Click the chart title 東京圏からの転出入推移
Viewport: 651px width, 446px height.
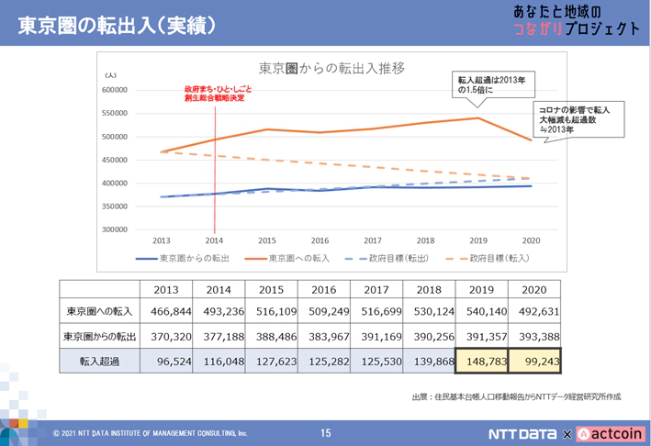click(x=331, y=68)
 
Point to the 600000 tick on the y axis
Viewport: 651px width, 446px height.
click(x=115, y=90)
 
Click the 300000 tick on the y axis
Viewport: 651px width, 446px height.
click(x=115, y=229)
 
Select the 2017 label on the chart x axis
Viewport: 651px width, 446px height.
click(x=372, y=240)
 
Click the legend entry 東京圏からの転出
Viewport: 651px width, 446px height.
click(x=183, y=258)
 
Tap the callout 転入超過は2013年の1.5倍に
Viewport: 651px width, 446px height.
click(x=491, y=85)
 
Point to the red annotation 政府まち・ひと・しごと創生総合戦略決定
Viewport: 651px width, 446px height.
click(x=218, y=94)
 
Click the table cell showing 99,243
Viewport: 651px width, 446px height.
click(x=533, y=362)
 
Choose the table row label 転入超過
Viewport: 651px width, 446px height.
click(x=100, y=362)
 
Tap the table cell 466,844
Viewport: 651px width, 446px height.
click(x=166, y=311)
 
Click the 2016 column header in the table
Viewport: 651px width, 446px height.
click(x=324, y=289)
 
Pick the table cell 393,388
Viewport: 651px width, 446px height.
click(x=533, y=336)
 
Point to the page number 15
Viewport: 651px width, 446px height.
click(x=325, y=433)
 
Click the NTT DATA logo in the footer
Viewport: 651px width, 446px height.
click(x=522, y=433)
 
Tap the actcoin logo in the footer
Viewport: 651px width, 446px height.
click(x=611, y=433)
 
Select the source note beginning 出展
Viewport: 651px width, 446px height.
click(x=516, y=396)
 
